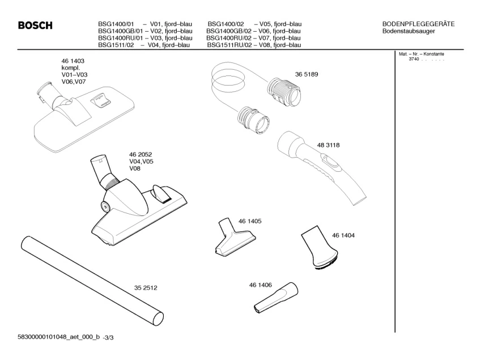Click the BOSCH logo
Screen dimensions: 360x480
point(35,26)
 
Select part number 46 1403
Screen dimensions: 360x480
point(73,61)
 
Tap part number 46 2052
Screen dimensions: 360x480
point(141,154)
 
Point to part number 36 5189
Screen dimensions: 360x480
point(306,74)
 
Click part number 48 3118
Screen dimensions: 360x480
point(324,146)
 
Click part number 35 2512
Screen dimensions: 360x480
point(145,287)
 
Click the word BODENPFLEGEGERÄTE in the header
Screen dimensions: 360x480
point(418,23)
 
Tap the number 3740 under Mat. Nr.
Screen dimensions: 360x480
point(414,59)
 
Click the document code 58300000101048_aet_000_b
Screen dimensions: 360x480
point(52,337)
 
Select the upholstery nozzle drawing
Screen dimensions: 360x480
point(230,237)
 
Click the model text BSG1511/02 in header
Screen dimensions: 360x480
point(116,45)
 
